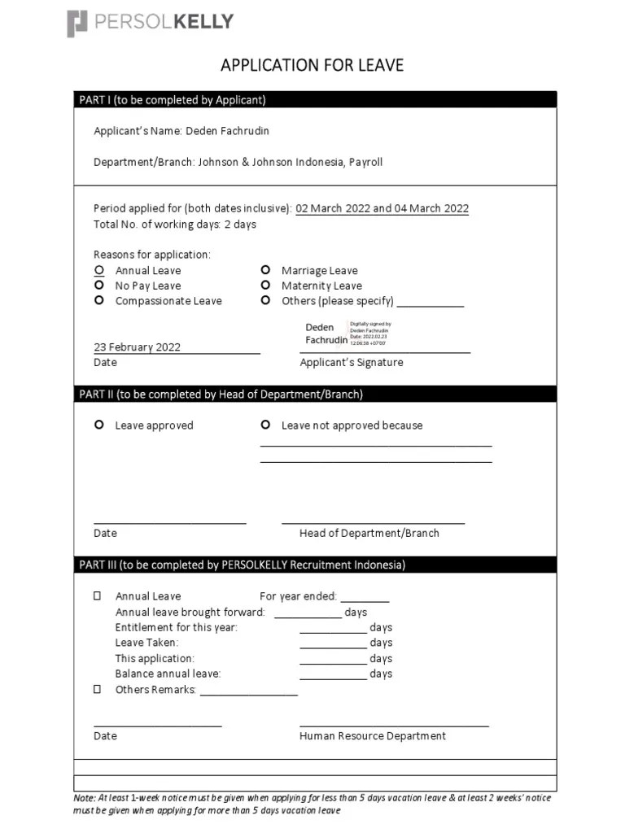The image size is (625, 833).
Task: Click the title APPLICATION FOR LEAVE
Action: click(x=312, y=65)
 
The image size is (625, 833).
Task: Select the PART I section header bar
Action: click(x=316, y=100)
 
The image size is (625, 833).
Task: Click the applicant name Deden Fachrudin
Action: click(x=227, y=131)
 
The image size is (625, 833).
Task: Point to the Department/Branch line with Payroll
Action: click(x=238, y=162)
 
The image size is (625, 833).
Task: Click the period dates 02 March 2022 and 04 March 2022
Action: click(x=382, y=208)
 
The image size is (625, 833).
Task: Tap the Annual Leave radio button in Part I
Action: click(x=99, y=270)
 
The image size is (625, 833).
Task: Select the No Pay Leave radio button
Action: click(x=99, y=286)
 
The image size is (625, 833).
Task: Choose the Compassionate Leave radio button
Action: click(x=99, y=301)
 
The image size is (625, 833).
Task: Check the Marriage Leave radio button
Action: click(x=265, y=270)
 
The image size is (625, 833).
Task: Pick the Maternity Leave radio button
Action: click(x=265, y=286)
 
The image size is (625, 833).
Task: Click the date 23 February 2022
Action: click(x=138, y=347)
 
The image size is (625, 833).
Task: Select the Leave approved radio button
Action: click(x=99, y=425)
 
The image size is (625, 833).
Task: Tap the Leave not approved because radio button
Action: click(x=265, y=425)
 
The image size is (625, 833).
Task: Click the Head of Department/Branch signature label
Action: click(x=369, y=534)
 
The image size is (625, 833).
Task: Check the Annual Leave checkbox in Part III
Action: click(x=98, y=596)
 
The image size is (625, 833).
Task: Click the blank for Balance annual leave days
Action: click(x=333, y=674)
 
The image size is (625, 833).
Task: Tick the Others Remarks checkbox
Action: click(x=98, y=690)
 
